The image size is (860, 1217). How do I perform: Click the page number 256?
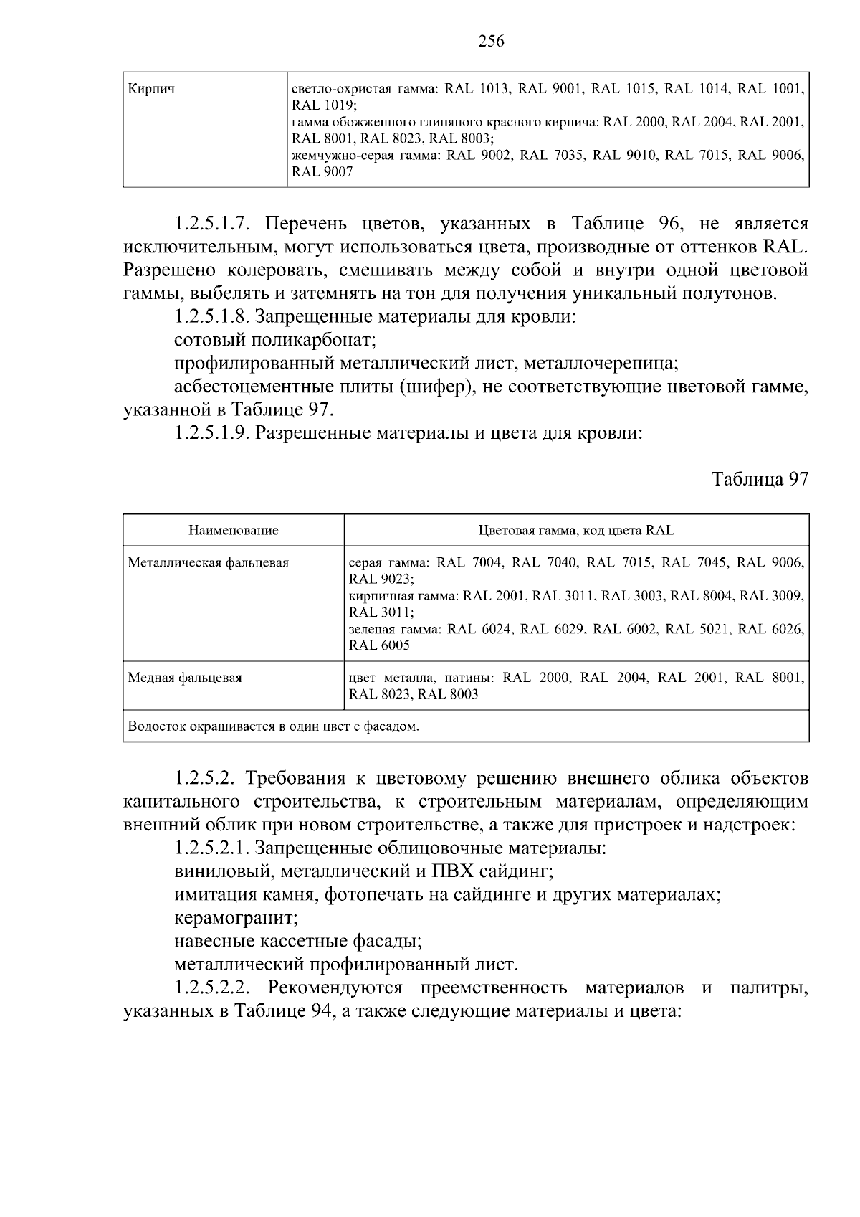(491, 42)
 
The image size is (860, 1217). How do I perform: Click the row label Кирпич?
(151, 90)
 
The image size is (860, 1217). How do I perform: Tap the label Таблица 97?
(760, 480)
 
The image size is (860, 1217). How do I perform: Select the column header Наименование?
(234, 531)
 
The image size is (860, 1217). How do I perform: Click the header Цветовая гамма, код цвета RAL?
(576, 531)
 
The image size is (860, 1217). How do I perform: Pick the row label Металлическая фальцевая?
(208, 563)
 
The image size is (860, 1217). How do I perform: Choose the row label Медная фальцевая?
(184, 678)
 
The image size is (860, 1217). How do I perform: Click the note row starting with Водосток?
(273, 727)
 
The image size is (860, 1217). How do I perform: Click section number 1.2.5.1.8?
(212, 316)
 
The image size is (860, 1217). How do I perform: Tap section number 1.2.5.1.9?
(212, 433)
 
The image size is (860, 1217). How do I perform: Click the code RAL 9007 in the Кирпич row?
(322, 173)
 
